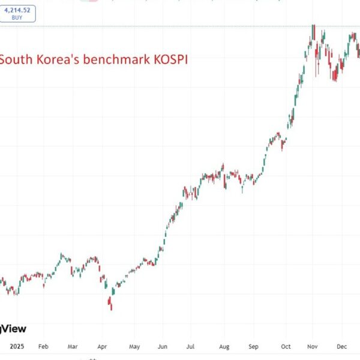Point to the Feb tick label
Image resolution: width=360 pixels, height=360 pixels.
[43, 346]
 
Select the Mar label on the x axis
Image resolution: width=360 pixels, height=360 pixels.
[73, 346]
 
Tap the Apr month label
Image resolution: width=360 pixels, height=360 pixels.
[103, 346]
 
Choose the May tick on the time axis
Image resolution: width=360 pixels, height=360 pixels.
[134, 346]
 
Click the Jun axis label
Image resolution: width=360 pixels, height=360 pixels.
[163, 346]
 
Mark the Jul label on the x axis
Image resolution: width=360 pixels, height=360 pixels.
[190, 346]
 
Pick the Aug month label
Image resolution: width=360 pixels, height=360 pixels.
[223, 346]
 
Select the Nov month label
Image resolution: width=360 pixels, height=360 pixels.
[312, 346]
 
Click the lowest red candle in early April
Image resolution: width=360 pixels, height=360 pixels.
[111, 305]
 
